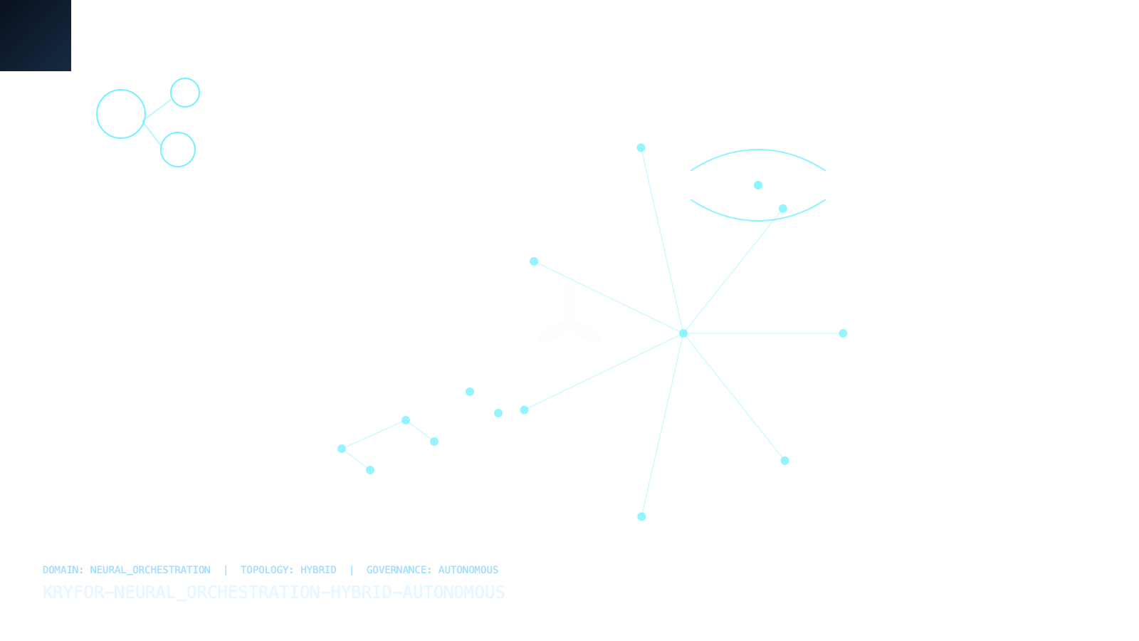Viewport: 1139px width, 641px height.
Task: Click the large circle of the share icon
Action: click(x=121, y=114)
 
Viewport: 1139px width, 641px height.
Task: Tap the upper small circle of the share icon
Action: click(x=185, y=93)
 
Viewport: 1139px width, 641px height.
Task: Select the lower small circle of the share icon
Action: click(x=178, y=150)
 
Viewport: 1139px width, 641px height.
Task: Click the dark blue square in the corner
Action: click(x=35, y=35)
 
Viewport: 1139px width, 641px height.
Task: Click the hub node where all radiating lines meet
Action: click(x=683, y=333)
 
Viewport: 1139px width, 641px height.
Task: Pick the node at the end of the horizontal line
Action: click(x=843, y=333)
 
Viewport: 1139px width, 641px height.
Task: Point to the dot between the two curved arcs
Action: click(x=758, y=185)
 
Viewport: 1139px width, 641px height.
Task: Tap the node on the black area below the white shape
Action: click(x=641, y=516)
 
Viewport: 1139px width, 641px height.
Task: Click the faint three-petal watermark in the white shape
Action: click(x=569, y=317)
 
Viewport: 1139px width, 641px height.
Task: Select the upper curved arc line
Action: click(x=757, y=151)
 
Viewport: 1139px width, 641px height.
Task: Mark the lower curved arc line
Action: click(x=757, y=219)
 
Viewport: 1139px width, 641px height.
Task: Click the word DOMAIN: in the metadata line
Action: click(x=63, y=570)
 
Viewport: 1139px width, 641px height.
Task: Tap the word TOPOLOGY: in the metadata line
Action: click(x=266, y=570)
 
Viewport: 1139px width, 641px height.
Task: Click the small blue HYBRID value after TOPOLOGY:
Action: click(x=318, y=570)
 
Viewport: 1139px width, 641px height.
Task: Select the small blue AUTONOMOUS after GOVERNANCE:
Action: click(x=468, y=570)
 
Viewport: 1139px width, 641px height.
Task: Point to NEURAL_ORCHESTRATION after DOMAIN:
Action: click(x=150, y=570)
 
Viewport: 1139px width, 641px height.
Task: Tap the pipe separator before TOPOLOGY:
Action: click(x=226, y=570)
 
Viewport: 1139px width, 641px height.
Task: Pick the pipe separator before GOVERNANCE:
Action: click(x=351, y=570)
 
